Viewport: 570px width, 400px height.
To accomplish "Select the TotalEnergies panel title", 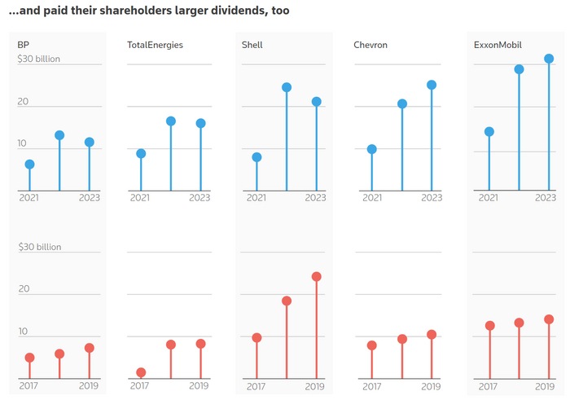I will coord(155,46).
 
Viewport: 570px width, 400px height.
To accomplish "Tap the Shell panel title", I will coord(252,46).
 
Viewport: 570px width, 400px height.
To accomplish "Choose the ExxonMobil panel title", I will coord(498,46).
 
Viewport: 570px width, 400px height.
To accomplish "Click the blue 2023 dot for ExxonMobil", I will coord(549,59).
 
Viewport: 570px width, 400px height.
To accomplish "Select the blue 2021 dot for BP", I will coord(29,165).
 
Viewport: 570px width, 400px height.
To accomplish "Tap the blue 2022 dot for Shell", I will coord(287,87).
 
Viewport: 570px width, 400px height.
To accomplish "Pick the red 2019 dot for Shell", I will coord(316,277).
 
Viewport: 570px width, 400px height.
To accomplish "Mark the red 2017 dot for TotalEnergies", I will coord(141,373).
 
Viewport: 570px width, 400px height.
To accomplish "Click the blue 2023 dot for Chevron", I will coord(432,85).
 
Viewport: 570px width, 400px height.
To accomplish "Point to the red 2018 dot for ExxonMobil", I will coord(519,323).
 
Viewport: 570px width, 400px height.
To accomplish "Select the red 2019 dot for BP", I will coord(90,348).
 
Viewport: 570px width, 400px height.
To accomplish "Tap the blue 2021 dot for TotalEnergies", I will coord(141,153).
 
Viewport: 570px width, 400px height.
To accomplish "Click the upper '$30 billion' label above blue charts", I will coord(39,59).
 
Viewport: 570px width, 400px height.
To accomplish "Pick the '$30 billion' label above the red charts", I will coord(40,247).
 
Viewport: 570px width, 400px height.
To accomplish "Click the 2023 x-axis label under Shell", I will coord(315,198).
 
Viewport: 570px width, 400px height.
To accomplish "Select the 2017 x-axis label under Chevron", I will coord(372,386).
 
